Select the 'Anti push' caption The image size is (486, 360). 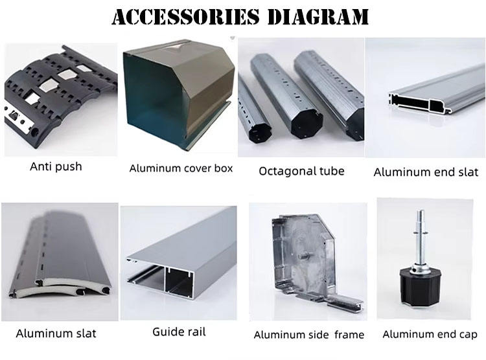(x=56, y=166)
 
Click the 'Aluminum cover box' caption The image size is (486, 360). (x=181, y=168)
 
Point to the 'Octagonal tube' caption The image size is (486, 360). (x=301, y=172)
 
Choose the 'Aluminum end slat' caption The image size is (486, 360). (x=426, y=172)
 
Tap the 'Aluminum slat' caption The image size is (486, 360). (x=56, y=333)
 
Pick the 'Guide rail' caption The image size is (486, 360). (x=179, y=332)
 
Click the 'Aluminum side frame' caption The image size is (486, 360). (x=308, y=335)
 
